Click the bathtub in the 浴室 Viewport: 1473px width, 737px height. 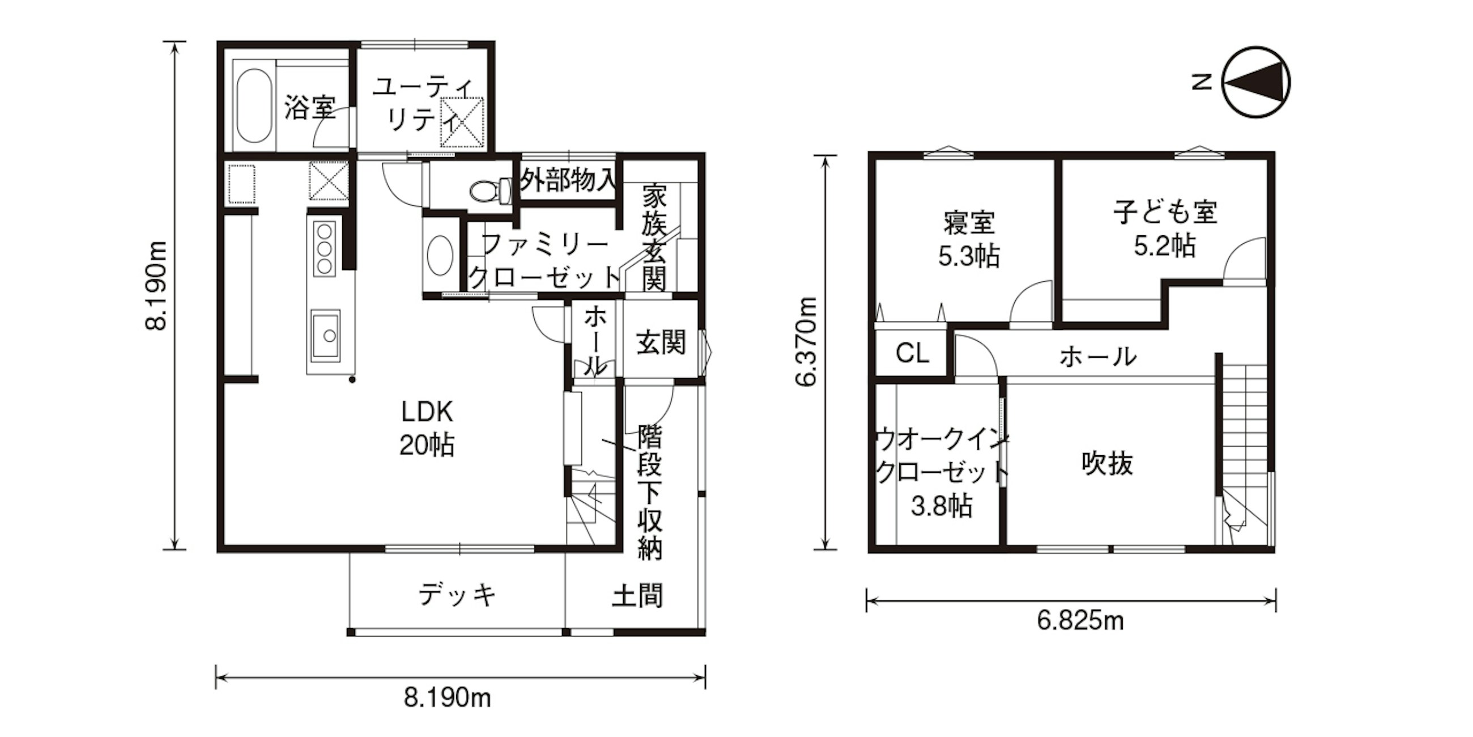(x=254, y=107)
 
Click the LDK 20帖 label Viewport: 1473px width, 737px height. (x=427, y=428)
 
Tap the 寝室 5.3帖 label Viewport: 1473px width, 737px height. (x=969, y=240)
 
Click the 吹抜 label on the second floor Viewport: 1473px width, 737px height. (x=1107, y=464)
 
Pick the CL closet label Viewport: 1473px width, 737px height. (x=912, y=353)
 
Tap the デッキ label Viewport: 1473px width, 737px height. (x=457, y=595)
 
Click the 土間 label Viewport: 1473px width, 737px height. (x=637, y=596)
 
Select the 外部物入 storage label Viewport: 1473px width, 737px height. (x=568, y=180)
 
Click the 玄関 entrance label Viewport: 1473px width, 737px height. (x=661, y=344)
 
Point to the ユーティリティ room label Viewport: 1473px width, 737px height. (x=422, y=105)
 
